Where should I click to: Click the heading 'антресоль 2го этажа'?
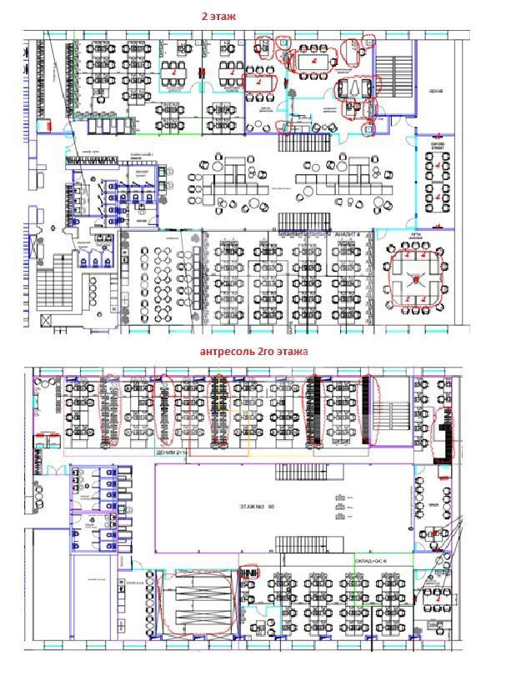click(x=253, y=352)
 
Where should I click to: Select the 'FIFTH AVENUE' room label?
click(x=414, y=238)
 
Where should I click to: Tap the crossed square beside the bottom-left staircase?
click(x=35, y=248)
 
